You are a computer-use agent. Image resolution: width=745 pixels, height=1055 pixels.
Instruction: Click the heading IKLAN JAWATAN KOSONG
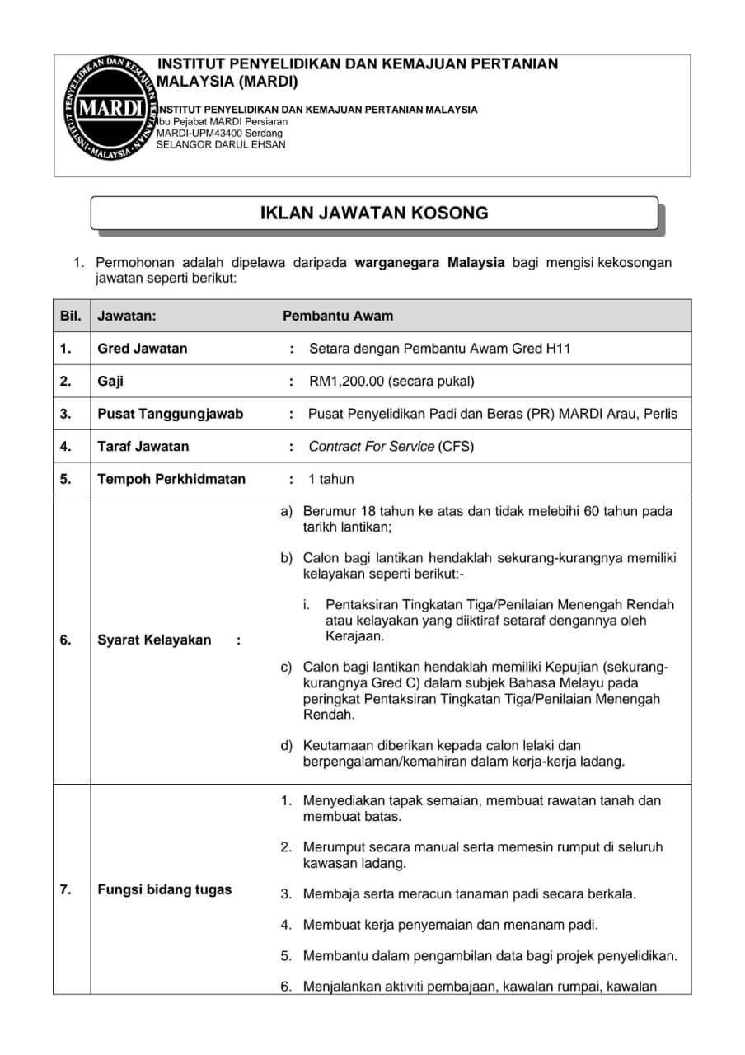(x=374, y=213)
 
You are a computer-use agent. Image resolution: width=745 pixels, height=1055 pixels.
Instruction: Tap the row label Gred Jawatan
(x=142, y=348)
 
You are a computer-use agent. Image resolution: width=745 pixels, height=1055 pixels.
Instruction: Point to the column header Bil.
(x=70, y=316)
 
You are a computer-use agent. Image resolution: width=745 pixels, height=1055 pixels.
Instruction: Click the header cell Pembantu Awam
(x=338, y=316)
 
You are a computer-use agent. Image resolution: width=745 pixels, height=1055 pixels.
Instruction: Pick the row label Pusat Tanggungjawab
(x=170, y=414)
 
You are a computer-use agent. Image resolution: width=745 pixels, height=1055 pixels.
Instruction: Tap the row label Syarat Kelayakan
(x=154, y=640)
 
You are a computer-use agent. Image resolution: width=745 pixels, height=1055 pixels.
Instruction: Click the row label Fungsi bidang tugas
(x=165, y=889)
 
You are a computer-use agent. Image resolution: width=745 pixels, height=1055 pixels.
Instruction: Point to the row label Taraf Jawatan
(x=143, y=446)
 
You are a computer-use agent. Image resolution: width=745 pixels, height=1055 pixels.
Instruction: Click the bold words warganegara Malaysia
(x=429, y=263)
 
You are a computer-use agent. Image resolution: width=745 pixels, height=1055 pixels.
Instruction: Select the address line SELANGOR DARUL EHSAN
(x=221, y=144)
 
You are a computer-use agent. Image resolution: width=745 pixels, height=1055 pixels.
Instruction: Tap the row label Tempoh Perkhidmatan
(x=171, y=479)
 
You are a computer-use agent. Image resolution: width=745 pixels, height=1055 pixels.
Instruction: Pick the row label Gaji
(x=110, y=381)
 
